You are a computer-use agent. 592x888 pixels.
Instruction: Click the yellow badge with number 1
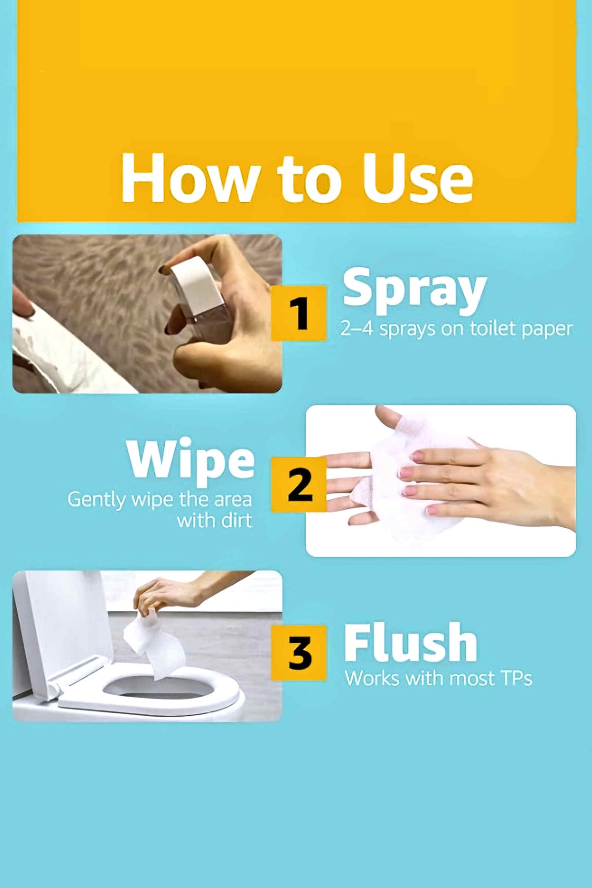(x=299, y=313)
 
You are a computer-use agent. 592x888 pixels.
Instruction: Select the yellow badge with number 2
(x=299, y=484)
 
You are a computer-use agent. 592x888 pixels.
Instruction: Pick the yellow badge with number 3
(x=299, y=653)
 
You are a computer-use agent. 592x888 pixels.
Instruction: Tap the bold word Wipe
(x=190, y=460)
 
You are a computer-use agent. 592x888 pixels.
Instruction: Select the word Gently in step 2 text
(x=97, y=500)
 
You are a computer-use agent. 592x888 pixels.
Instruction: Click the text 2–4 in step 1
(x=357, y=329)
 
